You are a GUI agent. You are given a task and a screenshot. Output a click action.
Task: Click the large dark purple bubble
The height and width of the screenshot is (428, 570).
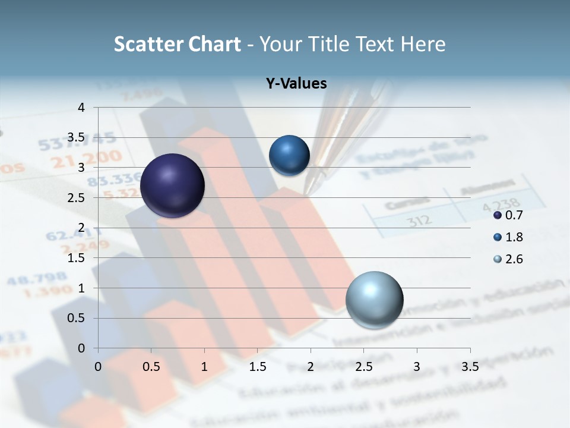pos(172,185)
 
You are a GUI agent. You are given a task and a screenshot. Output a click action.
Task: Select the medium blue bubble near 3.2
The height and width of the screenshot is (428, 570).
pos(289,155)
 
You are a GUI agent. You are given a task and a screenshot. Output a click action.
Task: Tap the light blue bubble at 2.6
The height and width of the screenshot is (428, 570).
pos(374,299)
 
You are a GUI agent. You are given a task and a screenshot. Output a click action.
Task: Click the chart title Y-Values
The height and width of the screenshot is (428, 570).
pos(296,84)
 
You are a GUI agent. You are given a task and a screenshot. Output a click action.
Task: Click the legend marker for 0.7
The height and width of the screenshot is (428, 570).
pos(498,215)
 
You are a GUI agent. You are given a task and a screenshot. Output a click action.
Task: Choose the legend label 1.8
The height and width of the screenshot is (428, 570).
pos(514,237)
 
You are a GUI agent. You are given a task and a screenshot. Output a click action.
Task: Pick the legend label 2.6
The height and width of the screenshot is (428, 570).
pos(514,259)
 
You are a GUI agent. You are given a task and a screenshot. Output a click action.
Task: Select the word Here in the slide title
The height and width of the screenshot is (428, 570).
pos(423,44)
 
